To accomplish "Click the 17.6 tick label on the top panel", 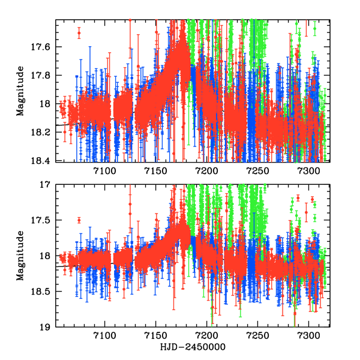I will [x=44, y=47].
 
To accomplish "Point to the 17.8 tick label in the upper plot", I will [x=44, y=76].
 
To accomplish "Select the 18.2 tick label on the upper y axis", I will [x=44, y=132].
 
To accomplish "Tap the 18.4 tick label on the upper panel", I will [x=44, y=161].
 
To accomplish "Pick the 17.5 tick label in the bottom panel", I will [x=44, y=220].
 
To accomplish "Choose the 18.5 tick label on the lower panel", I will [x=44, y=292].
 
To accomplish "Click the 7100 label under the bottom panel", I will [x=105, y=338].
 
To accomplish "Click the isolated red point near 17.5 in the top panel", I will [x=79, y=34].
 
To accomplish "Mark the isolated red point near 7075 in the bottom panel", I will [x=79, y=220].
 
